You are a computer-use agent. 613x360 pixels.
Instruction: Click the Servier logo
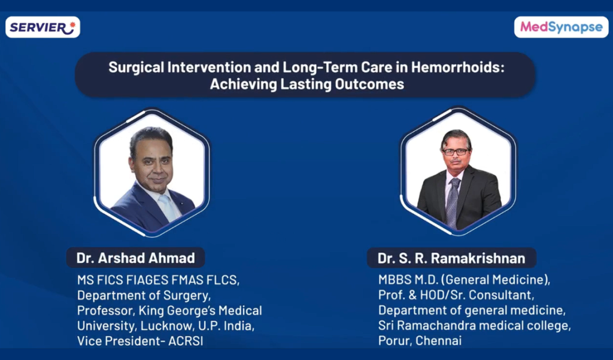(x=43, y=27)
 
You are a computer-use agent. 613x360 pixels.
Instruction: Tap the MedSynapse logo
(x=561, y=27)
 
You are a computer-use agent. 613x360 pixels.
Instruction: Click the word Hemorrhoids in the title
(x=458, y=67)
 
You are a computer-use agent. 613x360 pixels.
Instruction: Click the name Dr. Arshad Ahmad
(x=136, y=258)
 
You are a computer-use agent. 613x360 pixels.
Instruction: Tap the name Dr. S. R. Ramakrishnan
(x=451, y=258)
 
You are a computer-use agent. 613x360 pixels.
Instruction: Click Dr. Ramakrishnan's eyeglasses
(x=456, y=152)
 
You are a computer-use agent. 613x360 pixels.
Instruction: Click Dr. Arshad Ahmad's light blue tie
(x=168, y=207)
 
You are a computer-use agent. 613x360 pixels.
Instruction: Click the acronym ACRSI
(x=186, y=341)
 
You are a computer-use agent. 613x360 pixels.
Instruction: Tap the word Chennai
(x=438, y=340)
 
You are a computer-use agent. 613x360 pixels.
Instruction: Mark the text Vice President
(x=119, y=341)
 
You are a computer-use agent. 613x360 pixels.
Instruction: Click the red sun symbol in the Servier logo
(x=72, y=25)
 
